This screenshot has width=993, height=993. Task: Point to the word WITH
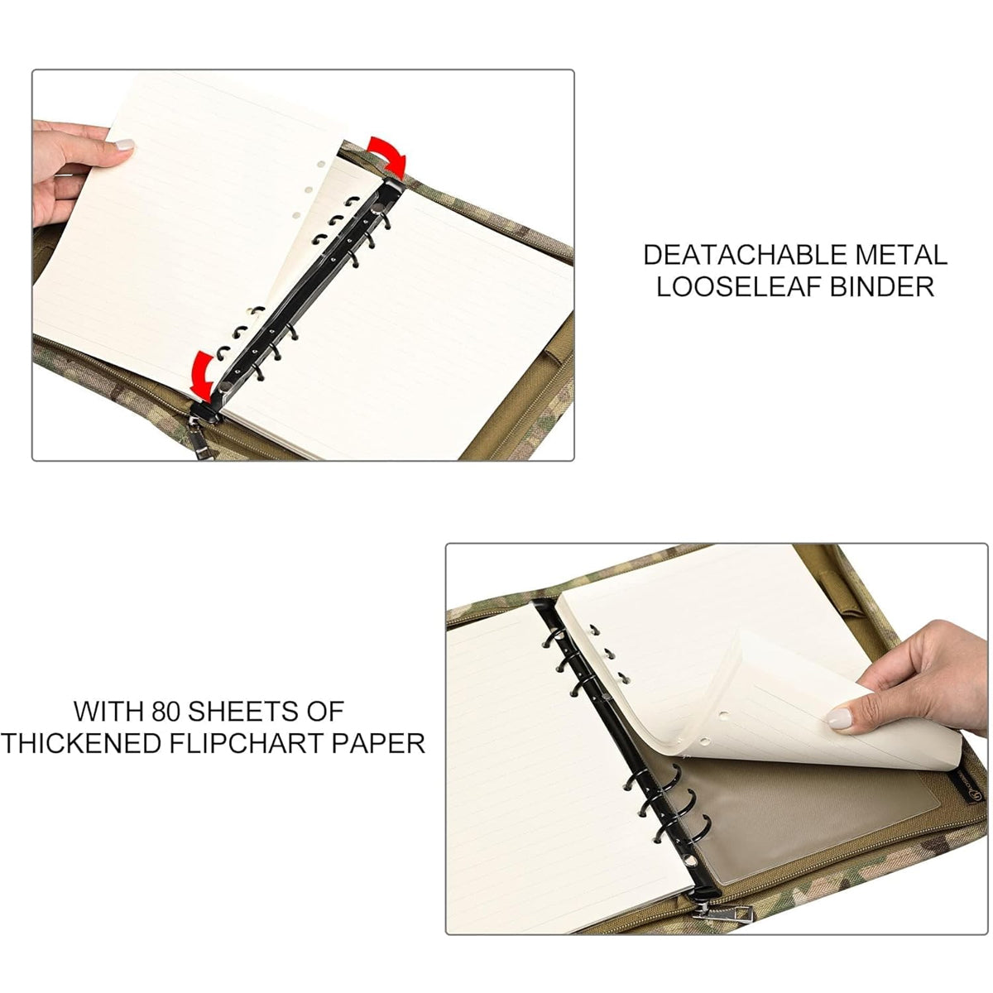coord(108,711)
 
